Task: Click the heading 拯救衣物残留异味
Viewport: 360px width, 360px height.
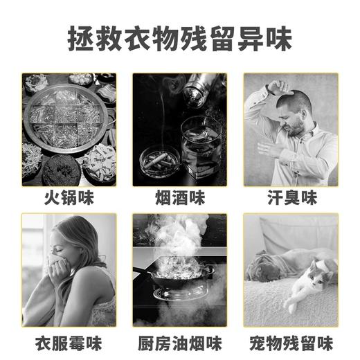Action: point(179,38)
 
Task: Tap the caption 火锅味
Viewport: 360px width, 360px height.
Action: point(69,199)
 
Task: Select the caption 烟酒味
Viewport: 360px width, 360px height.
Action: point(179,199)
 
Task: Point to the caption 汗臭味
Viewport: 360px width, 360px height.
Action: point(291,199)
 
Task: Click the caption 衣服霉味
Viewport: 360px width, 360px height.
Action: point(69,343)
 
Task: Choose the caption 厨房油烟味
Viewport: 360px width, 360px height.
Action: point(179,343)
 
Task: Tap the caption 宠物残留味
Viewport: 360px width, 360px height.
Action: point(291,343)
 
